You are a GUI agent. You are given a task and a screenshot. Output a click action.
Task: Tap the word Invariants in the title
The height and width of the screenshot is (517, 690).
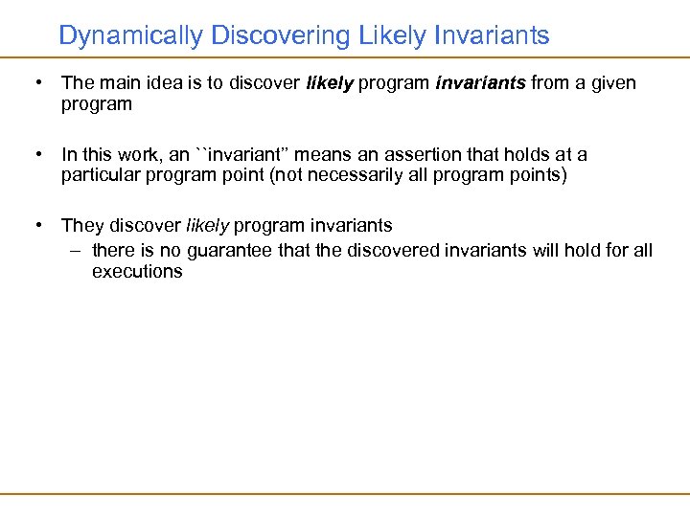tap(492, 36)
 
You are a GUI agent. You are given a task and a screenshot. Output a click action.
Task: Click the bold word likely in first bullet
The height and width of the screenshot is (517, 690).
tap(330, 83)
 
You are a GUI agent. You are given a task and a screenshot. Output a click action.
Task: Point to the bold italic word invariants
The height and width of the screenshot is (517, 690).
tap(480, 83)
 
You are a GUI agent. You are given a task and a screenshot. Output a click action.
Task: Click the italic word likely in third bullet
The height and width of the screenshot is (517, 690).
tap(207, 226)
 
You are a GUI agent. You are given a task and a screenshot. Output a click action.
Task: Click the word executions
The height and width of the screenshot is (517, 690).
tap(137, 272)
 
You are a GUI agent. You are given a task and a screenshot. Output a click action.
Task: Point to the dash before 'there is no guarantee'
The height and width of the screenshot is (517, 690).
tap(76, 250)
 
